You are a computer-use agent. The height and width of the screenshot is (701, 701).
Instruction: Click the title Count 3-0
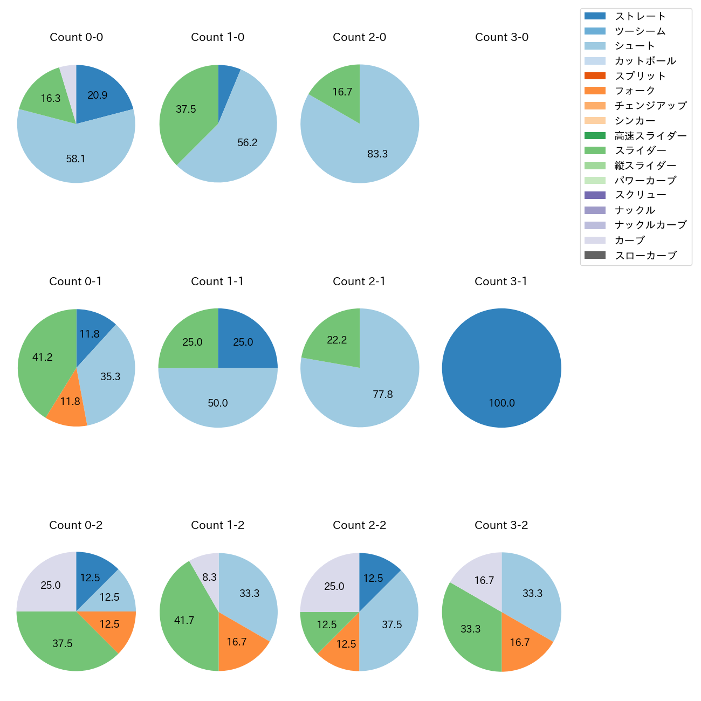pos(501,37)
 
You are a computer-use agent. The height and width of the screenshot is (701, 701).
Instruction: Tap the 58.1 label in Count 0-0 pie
pos(75,159)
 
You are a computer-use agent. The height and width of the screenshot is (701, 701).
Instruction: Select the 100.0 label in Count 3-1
pos(501,403)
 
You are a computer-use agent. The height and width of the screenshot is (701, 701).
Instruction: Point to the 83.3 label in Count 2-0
pos(377,154)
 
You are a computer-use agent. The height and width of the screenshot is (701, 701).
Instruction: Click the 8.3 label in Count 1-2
pos(209,577)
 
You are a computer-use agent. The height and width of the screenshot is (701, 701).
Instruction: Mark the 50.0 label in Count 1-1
pos(218,403)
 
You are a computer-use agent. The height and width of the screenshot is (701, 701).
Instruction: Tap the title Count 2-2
pos(360,525)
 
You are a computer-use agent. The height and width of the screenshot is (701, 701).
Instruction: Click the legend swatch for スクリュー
pos(595,195)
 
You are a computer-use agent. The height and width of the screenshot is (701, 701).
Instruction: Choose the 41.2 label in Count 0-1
pos(42,357)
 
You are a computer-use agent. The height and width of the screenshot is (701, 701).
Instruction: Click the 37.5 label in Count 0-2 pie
pos(63,643)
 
